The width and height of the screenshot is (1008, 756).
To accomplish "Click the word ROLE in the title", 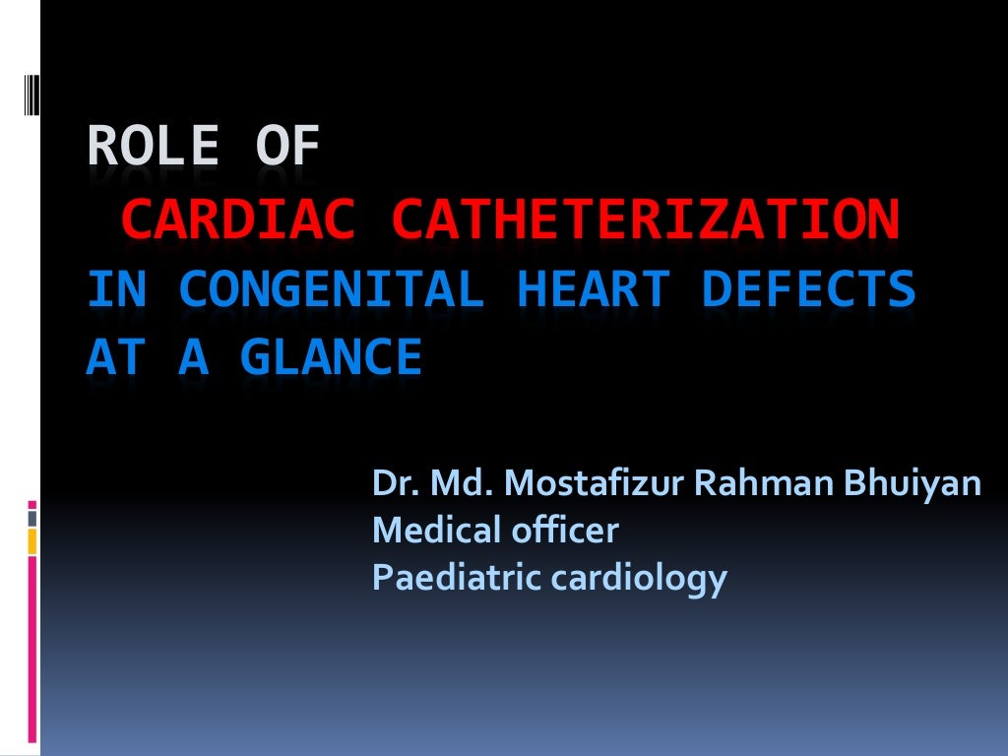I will tap(153, 149).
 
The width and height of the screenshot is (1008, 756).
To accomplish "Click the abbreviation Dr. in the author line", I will tap(391, 483).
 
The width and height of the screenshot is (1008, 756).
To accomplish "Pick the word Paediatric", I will tap(454, 577).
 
